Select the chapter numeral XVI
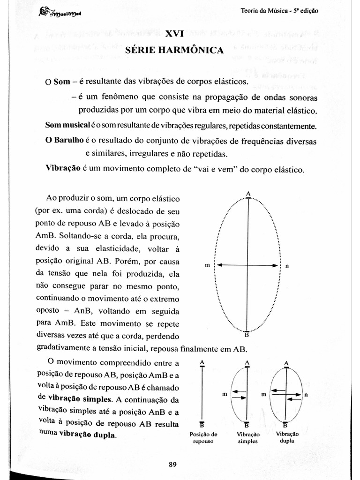pos(174,34)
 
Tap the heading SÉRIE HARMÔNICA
pos(174,50)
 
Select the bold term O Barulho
pos(64,141)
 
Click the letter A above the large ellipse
pos(248,194)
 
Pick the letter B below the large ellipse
pos(248,335)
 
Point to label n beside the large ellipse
pos(287,266)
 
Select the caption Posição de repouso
pos(202,437)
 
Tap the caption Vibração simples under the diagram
pos(247,437)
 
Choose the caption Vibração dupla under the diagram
pos(287,437)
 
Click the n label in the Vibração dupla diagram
pos(306,395)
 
